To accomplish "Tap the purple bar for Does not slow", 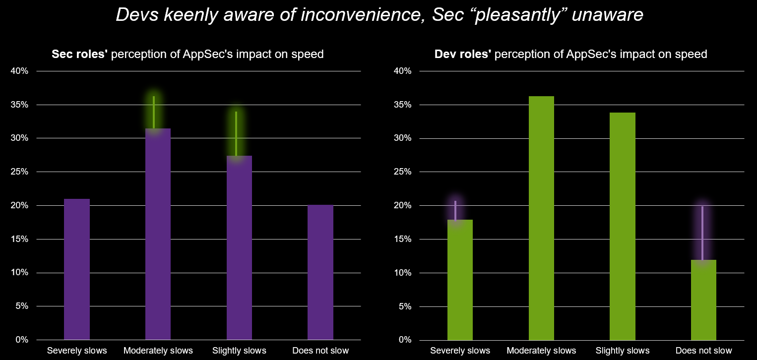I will point(320,272).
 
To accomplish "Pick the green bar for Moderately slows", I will point(541,218).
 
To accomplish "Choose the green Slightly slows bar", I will point(623,226).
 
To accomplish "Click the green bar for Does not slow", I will point(703,300).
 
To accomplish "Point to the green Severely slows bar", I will point(460,280).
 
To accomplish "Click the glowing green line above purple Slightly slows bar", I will point(236,133).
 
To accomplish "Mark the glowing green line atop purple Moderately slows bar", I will point(154,112).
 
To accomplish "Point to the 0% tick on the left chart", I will point(21,340).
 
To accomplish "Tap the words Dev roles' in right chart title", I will point(462,54).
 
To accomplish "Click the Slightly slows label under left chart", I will point(239,351).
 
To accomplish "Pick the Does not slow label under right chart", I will point(703,351).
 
